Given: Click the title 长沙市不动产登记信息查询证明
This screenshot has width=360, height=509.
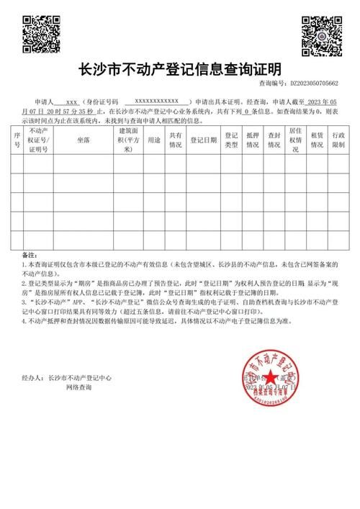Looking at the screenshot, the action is (179, 70).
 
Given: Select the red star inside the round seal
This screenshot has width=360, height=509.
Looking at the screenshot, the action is (269, 377).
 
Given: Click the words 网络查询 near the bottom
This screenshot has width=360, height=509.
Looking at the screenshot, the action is (79, 387).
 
